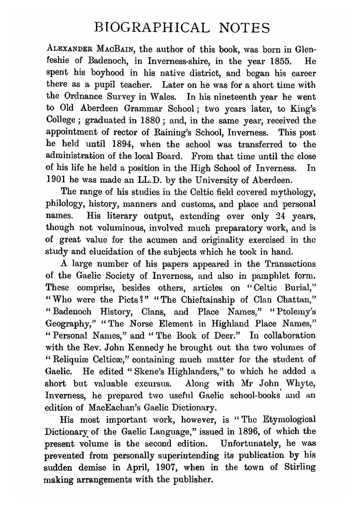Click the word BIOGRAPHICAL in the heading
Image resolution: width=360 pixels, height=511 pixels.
coord(151,28)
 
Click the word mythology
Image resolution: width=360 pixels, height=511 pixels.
coord(292,192)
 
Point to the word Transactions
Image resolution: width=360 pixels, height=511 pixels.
coord(290,264)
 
